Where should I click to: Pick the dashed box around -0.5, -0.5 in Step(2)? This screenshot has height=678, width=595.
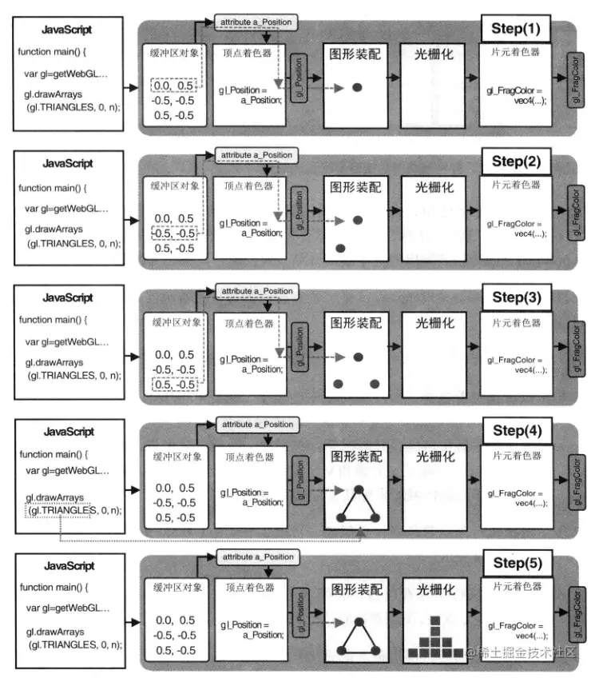[175, 233]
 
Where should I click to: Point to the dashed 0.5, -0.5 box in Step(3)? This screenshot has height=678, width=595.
[175, 385]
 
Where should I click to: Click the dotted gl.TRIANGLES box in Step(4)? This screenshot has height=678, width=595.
[60, 510]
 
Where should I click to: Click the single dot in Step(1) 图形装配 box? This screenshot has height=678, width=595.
[358, 86]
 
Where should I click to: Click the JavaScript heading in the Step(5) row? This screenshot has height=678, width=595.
[66, 566]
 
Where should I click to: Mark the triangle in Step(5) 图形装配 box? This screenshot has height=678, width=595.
[357, 639]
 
